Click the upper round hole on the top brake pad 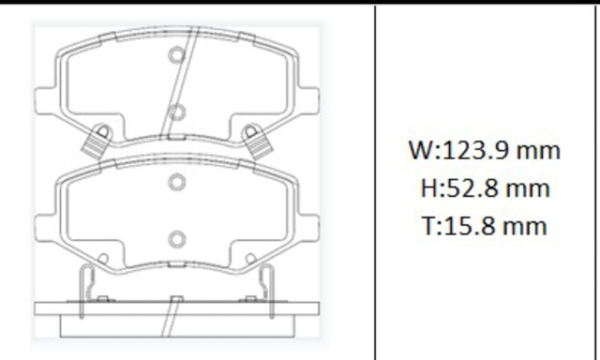[x=176, y=55]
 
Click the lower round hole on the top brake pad [x=176, y=112]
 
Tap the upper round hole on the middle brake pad [x=176, y=182]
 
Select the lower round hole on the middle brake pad [x=176, y=240]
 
